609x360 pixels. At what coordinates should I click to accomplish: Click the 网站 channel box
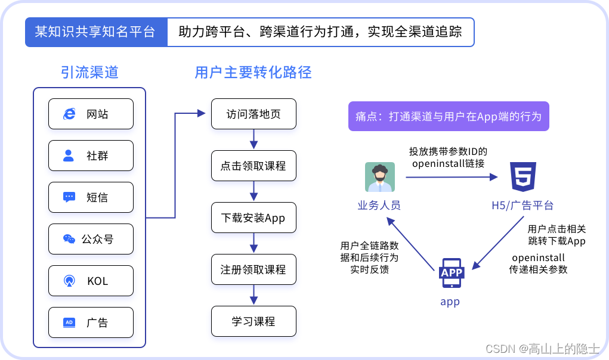pyautogui.click(x=91, y=114)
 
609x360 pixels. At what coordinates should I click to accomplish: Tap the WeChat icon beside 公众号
pyautogui.click(x=69, y=239)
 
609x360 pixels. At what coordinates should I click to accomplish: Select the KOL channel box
pyautogui.click(x=91, y=281)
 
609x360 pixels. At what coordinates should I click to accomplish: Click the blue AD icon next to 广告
pyautogui.click(x=69, y=322)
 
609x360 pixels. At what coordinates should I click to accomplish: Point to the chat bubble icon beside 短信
pyautogui.click(x=69, y=197)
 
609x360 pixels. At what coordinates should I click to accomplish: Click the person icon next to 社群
pyautogui.click(x=69, y=156)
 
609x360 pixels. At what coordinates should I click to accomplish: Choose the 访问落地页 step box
pyautogui.click(x=254, y=114)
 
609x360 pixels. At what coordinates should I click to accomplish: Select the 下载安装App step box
pyautogui.click(x=254, y=218)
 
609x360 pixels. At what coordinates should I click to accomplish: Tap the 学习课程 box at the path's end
pyautogui.click(x=254, y=321)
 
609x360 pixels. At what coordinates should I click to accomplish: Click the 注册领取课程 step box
pyautogui.click(x=254, y=269)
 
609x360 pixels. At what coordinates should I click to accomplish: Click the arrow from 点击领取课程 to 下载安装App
pyautogui.click(x=254, y=191)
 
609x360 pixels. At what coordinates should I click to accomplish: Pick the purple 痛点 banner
pyautogui.click(x=448, y=116)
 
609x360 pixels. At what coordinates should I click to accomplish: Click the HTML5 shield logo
pyautogui.click(x=523, y=176)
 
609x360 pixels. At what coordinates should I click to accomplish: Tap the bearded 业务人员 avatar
pyautogui.click(x=380, y=177)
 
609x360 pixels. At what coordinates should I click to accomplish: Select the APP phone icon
pyautogui.click(x=451, y=274)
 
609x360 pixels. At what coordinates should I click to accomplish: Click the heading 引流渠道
pyautogui.click(x=89, y=73)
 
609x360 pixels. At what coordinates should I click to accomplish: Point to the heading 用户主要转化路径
pyautogui.click(x=253, y=73)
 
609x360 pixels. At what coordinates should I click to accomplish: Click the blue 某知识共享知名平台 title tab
pyautogui.click(x=95, y=32)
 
